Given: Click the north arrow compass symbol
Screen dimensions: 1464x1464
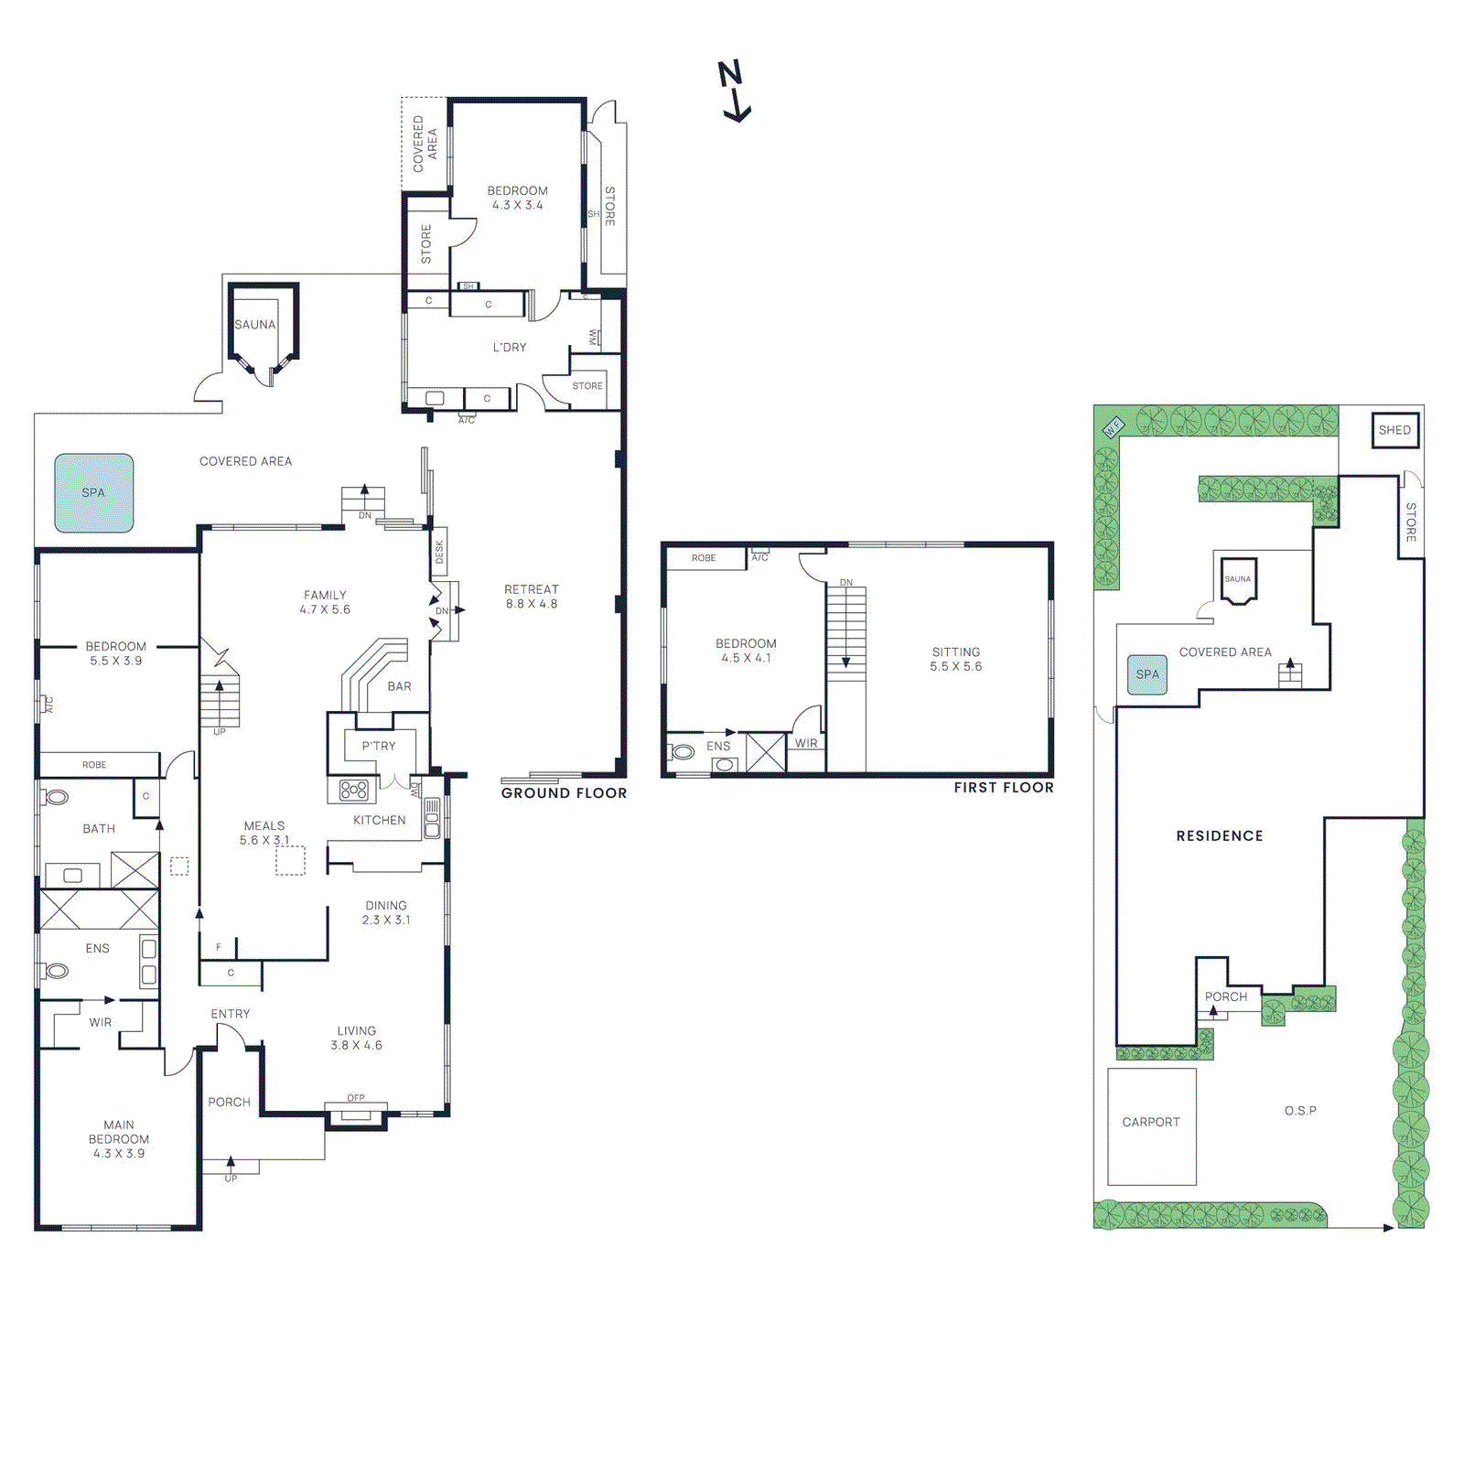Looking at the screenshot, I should pos(734,91).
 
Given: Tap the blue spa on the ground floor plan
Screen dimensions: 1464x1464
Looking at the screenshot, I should pos(93,493).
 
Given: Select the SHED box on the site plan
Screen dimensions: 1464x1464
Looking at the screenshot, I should pos(1394,430).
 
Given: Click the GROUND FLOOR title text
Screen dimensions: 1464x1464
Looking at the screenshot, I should pos(564,793).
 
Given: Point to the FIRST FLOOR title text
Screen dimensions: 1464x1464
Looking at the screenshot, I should pos(1003,788).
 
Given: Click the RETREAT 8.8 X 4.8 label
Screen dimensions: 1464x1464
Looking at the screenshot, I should pos(531,597).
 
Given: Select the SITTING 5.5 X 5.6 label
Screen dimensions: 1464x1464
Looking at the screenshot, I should pos(955,659).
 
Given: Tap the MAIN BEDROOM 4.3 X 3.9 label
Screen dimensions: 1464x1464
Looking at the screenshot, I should pos(118,1139).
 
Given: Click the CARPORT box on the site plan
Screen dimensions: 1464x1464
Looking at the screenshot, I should pos(1151,1123).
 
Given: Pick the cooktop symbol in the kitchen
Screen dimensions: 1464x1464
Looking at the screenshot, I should pos(353,790).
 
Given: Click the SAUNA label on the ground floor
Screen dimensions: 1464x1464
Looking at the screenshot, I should pos(254,325).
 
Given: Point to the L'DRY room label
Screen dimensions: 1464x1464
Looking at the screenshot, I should pos(510,348).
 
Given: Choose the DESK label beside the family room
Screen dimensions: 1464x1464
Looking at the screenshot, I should pos(439,551).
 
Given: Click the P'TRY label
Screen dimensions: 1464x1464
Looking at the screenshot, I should pos(378,747).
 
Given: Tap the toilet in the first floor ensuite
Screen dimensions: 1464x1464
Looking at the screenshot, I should pos(683,752).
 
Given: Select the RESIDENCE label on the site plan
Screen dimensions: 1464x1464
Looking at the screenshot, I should pos(1219,836).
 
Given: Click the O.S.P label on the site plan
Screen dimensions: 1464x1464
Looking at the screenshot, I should pos(1299,1111).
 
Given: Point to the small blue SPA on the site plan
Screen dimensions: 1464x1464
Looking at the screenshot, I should pos(1146,674).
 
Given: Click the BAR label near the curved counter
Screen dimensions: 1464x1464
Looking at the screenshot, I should pos(399,686).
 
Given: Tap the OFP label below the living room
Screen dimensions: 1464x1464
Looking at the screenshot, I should pos(356,1098).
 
